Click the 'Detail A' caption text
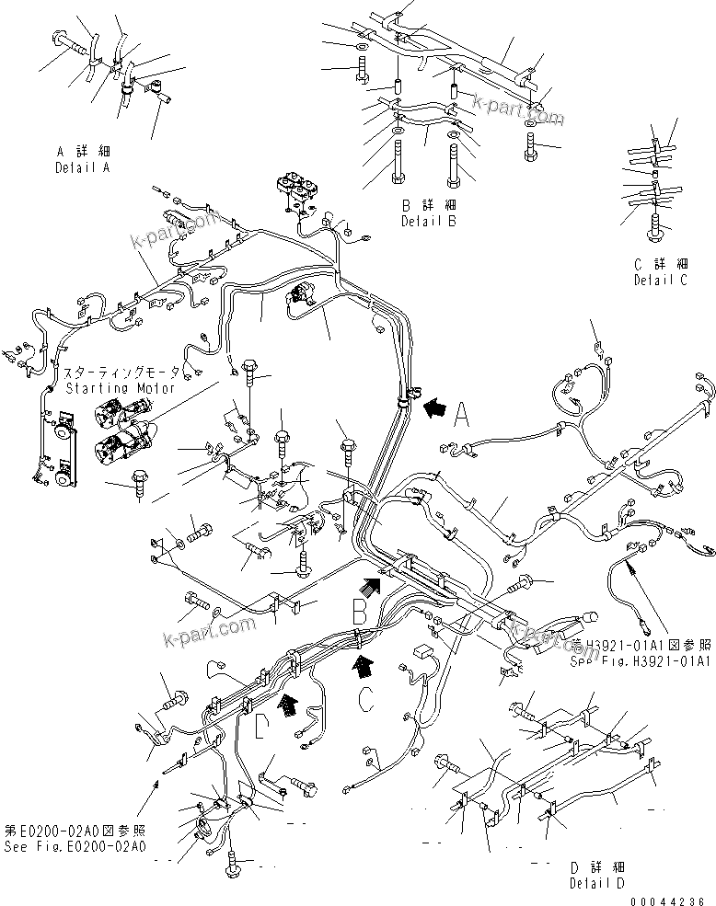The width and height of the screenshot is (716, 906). tap(82, 168)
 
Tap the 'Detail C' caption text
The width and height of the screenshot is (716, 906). tap(659, 281)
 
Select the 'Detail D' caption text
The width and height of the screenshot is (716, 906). tap(598, 882)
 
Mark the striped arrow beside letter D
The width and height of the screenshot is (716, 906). tap(290, 705)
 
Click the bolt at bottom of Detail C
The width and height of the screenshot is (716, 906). tap(655, 224)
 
